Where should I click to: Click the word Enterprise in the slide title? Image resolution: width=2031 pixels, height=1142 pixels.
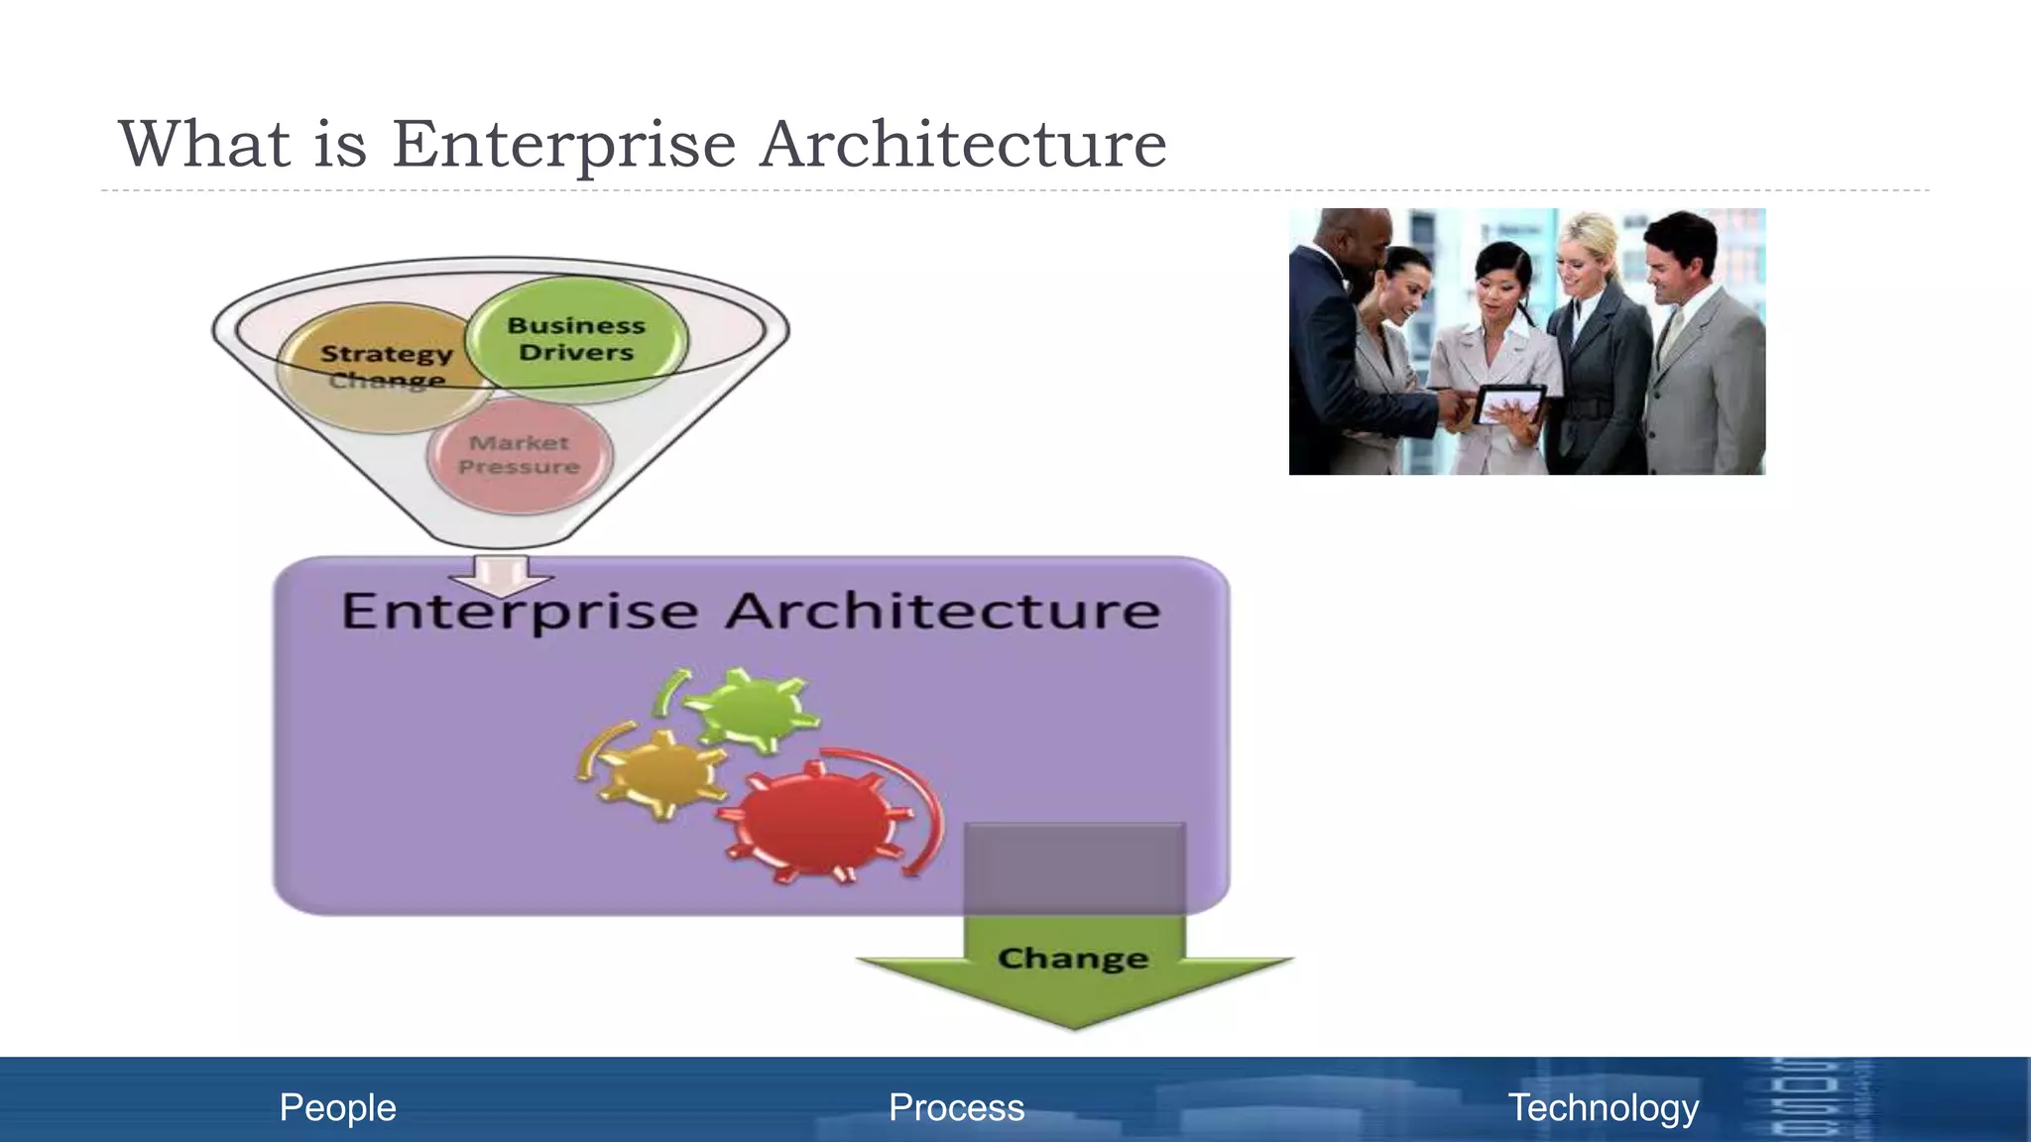563,145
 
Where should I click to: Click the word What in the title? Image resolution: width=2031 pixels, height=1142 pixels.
204,145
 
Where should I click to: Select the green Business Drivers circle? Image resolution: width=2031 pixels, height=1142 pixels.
576,339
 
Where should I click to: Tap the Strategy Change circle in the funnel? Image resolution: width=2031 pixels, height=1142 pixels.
385,367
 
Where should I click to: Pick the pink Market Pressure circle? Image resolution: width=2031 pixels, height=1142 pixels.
520,455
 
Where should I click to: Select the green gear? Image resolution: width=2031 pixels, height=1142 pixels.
751,710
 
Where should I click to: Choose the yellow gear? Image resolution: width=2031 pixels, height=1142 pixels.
661,775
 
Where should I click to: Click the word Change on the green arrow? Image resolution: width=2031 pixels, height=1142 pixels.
1073,959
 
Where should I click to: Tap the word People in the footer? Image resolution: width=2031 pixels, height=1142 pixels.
337,1107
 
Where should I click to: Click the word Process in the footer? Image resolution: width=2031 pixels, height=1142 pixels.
956,1107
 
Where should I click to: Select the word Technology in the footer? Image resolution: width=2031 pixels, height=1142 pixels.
1604,1107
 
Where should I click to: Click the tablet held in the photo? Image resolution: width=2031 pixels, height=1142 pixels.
1509,404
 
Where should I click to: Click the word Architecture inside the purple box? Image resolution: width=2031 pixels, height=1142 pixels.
942,611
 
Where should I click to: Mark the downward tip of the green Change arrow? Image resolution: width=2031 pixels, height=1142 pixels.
1074,1027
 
